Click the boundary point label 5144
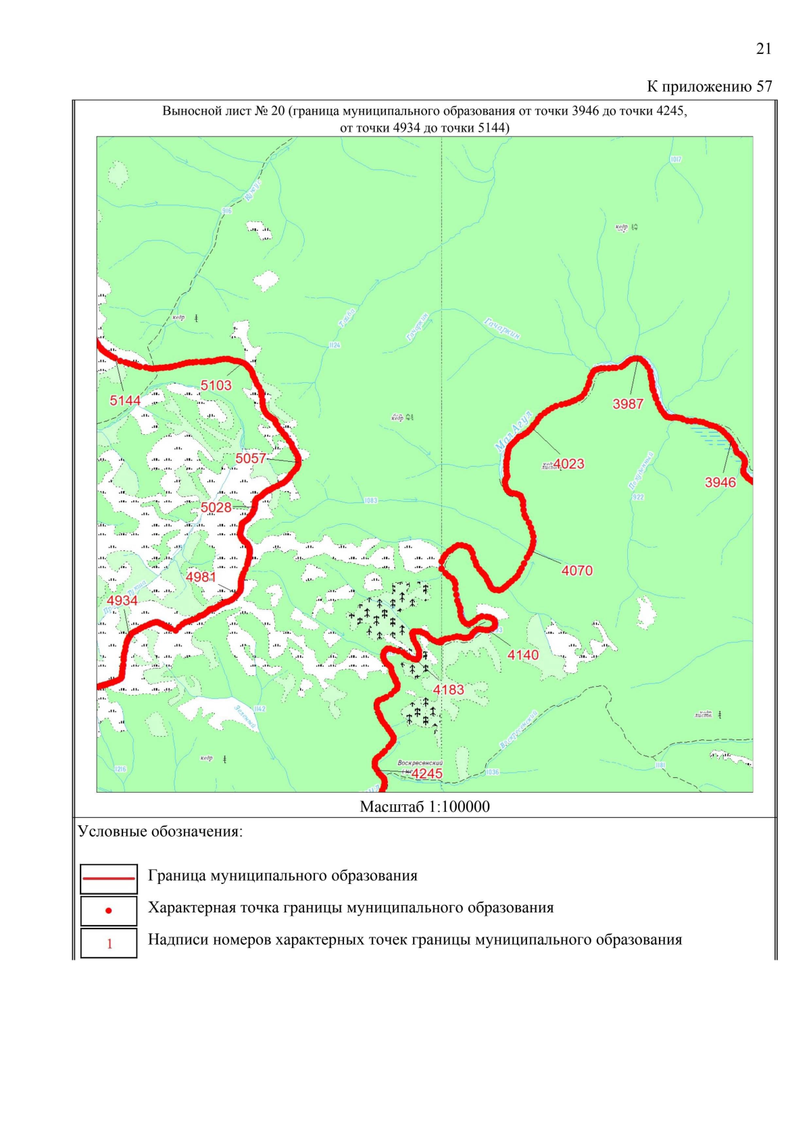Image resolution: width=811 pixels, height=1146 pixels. click(125, 400)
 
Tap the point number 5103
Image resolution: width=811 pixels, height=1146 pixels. click(216, 386)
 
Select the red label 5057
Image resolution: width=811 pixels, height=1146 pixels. click(251, 459)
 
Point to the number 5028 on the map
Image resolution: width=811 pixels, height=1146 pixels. click(216, 507)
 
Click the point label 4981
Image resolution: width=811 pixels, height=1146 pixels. click(201, 577)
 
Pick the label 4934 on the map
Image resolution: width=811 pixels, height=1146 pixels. click(122, 600)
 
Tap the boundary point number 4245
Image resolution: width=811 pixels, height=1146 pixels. click(427, 773)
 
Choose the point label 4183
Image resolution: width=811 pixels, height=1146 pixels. click(449, 689)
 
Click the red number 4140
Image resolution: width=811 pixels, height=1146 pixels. click(523, 654)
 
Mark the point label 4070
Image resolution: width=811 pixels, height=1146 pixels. click(576, 570)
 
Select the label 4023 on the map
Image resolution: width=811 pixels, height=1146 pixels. click(569, 464)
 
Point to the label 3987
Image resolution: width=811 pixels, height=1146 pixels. click(628, 404)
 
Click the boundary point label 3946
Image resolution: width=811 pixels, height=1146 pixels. click(720, 482)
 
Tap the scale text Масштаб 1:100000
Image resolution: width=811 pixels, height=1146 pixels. click(424, 806)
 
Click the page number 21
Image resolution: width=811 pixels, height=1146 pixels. click(763, 49)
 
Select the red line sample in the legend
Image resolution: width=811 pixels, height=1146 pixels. click(109, 878)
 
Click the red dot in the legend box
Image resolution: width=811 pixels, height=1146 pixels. click(109, 911)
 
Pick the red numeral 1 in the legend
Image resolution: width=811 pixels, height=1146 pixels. click(109, 943)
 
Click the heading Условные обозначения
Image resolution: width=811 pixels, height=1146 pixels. click(160, 831)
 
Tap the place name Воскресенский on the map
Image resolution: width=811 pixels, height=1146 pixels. click(420, 762)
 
